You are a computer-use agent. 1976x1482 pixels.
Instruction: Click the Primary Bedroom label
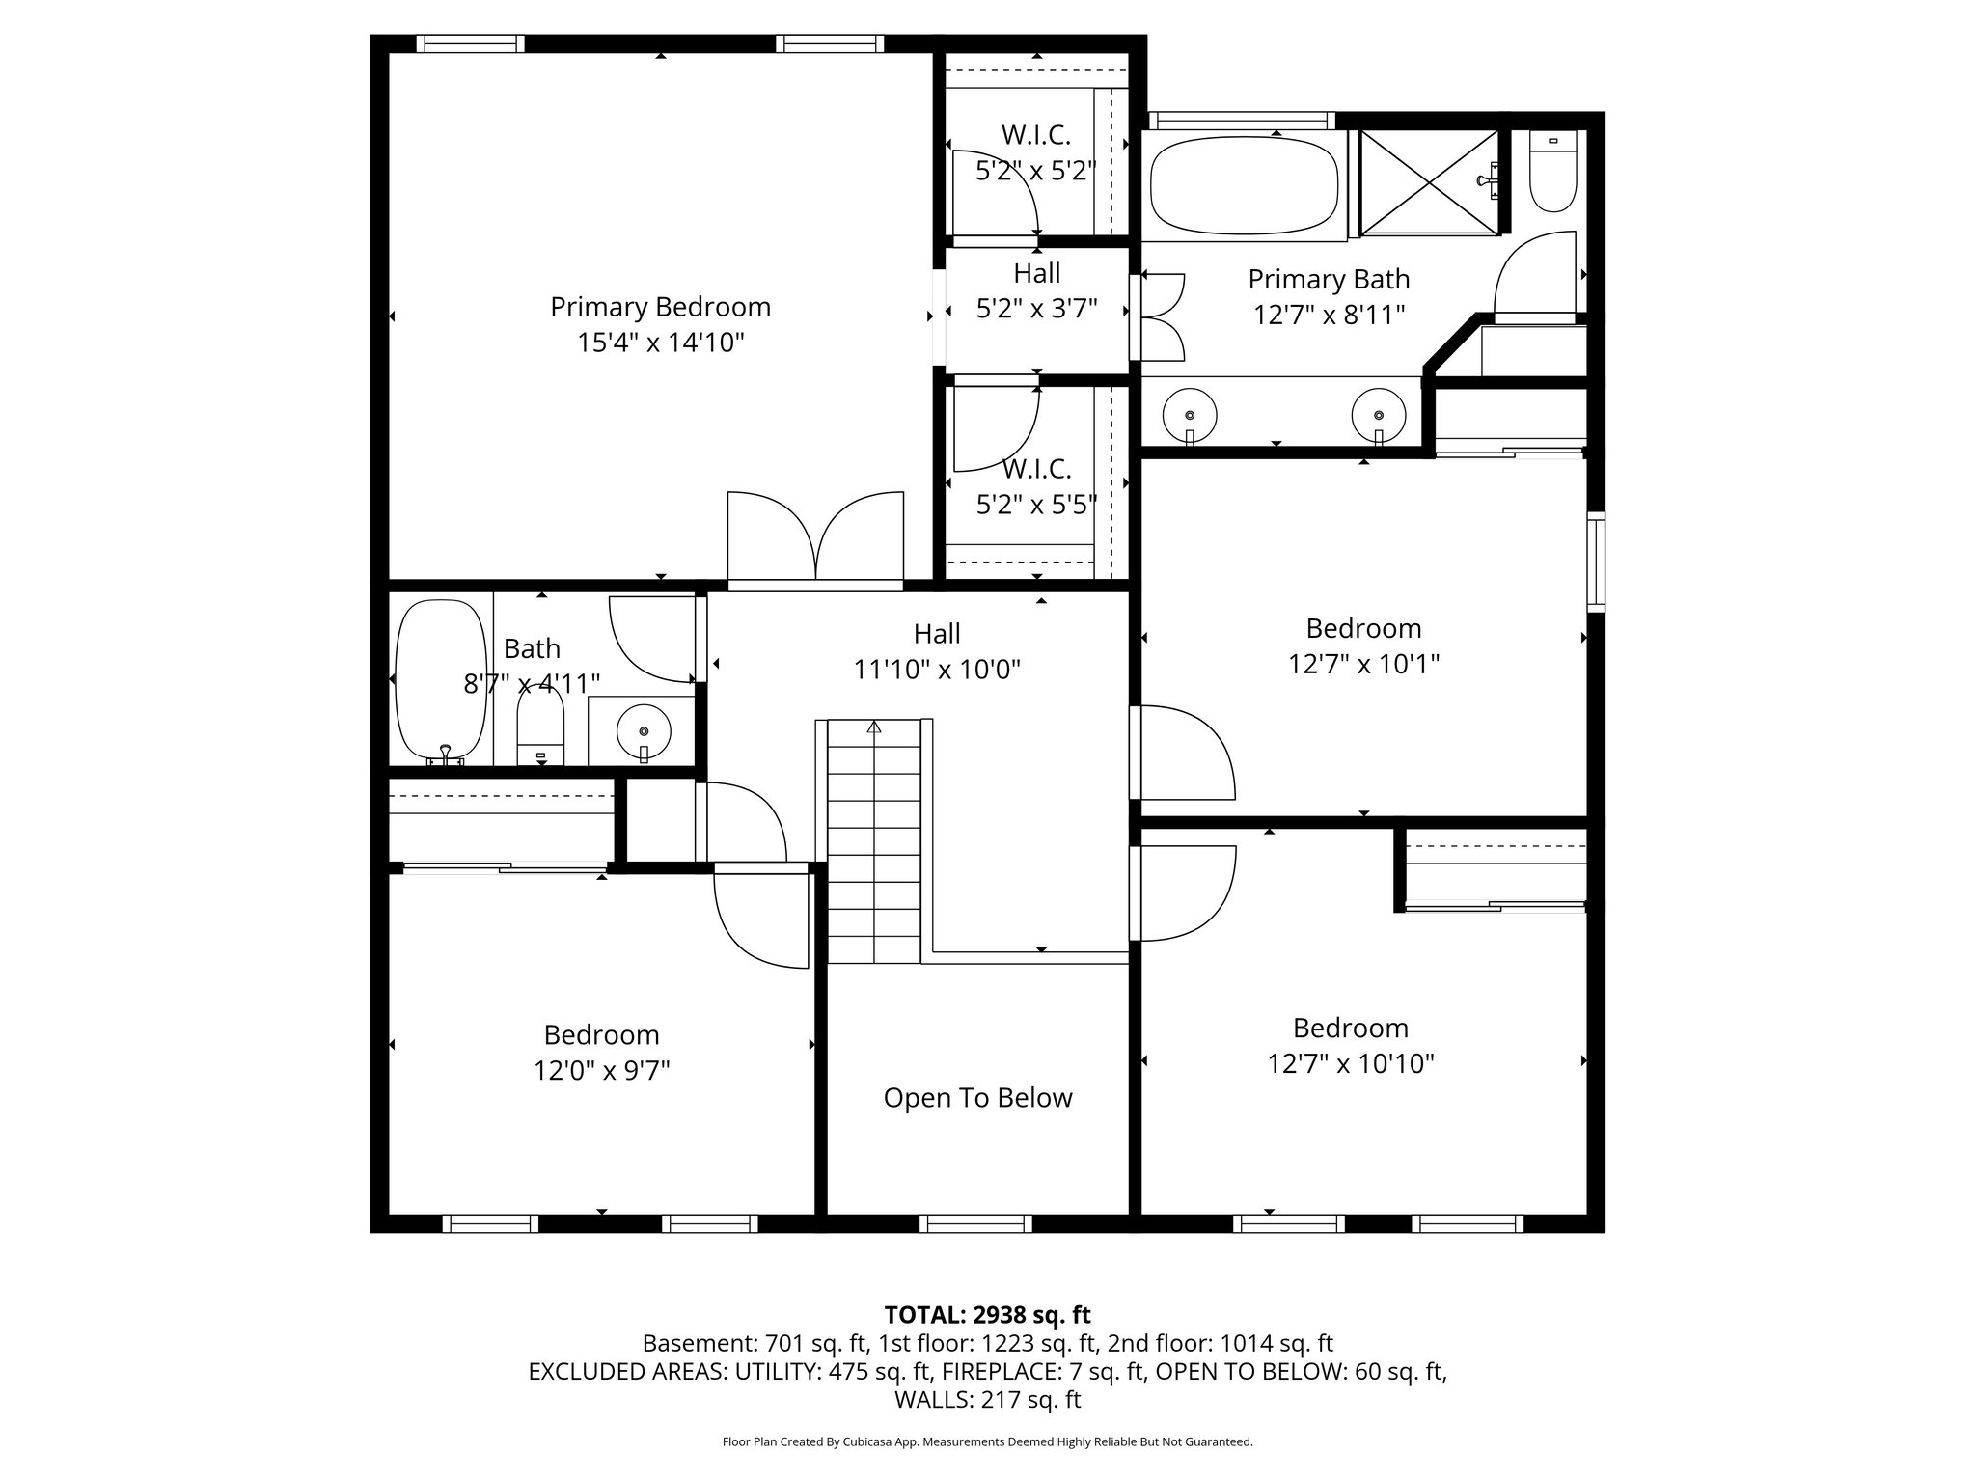point(660,307)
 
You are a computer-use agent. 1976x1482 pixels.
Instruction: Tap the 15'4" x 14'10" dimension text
point(660,343)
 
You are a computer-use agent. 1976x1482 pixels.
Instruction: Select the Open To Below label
point(977,1098)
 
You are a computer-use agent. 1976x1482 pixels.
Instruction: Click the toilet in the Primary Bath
point(1552,174)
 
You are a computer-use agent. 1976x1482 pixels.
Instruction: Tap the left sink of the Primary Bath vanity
point(1189,415)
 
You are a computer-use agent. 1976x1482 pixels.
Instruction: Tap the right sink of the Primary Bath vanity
point(1378,415)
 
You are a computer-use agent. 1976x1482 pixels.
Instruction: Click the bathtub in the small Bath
point(441,680)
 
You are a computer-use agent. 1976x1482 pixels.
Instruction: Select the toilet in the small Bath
point(540,732)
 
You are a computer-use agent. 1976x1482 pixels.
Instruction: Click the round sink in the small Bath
point(644,730)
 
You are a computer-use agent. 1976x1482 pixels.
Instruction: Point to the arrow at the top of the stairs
point(874,727)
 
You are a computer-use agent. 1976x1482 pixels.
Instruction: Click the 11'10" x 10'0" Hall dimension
point(937,669)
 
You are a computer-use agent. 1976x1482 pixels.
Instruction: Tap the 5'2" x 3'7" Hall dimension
point(1036,309)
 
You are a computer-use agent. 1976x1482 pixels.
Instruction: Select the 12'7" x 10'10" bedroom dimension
point(1350,1063)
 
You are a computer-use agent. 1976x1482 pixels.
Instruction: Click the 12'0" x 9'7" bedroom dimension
point(601,1070)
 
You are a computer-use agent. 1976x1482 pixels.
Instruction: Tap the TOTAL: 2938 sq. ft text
point(987,1314)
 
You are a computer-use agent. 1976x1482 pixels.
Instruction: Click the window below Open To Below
point(976,1223)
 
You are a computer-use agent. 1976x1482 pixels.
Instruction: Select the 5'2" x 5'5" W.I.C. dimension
point(1036,505)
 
